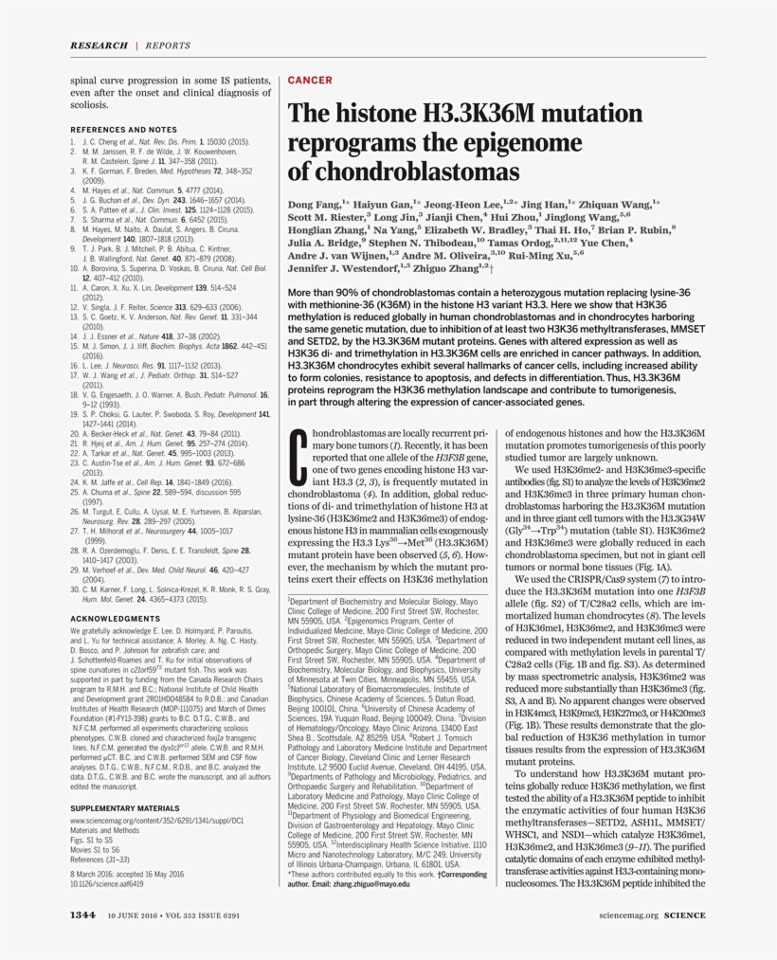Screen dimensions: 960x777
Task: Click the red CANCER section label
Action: click(309, 81)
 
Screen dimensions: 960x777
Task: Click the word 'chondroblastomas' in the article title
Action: click(418, 172)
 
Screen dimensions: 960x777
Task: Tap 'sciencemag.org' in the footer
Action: click(628, 915)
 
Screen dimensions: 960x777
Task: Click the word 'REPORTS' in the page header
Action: click(167, 45)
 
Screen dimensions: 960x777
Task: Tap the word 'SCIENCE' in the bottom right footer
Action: click(684, 915)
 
